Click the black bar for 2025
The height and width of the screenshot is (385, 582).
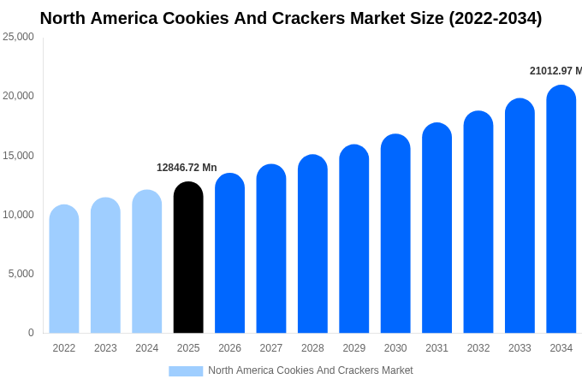pos(188,258)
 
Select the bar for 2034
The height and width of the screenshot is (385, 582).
pos(561,210)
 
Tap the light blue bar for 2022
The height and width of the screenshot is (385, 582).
pos(64,269)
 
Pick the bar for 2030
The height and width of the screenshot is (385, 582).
pos(395,234)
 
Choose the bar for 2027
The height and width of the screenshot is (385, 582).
pos(271,249)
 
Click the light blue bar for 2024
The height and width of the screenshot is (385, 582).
pos(146,262)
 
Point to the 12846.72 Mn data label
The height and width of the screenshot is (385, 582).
pos(187,168)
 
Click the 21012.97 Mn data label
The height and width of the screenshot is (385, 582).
pos(555,71)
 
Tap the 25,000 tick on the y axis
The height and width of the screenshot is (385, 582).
pos(18,37)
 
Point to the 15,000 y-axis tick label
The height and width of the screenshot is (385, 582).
pos(18,156)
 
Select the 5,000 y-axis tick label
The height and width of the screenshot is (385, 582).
pos(21,274)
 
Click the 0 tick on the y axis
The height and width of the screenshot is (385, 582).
pos(31,333)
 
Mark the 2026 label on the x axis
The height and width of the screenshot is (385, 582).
pos(229,348)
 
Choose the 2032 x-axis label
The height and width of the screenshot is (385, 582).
pos(478,348)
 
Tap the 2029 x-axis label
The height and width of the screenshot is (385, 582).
pos(353,348)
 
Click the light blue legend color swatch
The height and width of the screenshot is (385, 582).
pos(186,371)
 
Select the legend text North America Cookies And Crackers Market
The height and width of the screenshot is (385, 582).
pos(310,370)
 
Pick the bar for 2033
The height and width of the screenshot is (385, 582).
pos(520,216)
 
